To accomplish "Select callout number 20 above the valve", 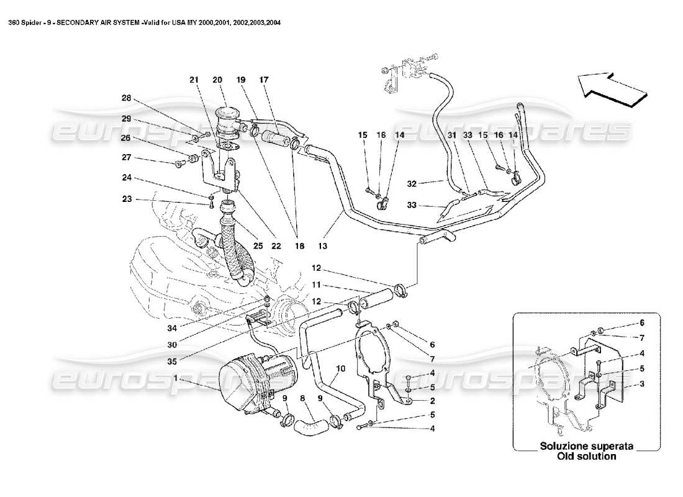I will pos(217,80).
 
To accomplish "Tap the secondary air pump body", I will pos(248,382).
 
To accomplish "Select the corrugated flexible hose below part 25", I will pos(234,248).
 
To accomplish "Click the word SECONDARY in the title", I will pos(89,24).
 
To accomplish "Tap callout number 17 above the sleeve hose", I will pos(264,80).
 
